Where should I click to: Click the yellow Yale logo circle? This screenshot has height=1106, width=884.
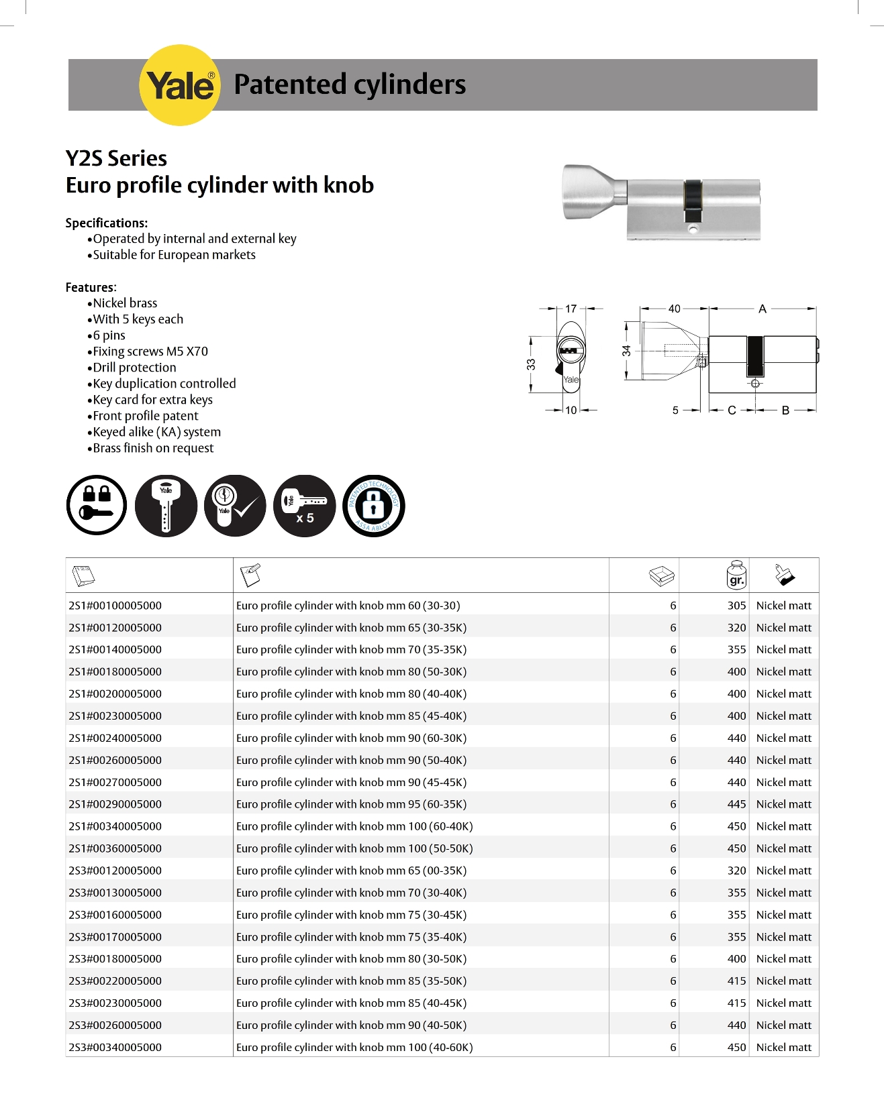point(179,85)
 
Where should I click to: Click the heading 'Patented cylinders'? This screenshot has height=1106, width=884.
point(349,85)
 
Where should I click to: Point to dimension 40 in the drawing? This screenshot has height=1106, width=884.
point(674,309)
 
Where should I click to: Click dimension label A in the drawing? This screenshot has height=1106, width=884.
point(762,309)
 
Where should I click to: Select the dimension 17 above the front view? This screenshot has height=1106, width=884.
point(571,309)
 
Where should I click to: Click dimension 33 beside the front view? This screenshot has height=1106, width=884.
point(531,364)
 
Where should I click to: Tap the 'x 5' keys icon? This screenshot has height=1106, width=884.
point(305,506)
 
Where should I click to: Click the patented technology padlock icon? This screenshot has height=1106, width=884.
point(374,506)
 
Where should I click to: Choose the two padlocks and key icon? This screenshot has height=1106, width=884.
point(97,506)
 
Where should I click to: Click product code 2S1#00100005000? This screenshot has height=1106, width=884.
point(115,606)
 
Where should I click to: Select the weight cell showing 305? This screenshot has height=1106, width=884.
point(736,606)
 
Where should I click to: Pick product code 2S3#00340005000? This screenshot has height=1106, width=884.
point(115,1047)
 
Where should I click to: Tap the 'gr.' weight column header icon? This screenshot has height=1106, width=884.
point(736,575)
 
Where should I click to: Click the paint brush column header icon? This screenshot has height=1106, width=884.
point(784,575)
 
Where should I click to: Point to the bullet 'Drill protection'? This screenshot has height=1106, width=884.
point(134,368)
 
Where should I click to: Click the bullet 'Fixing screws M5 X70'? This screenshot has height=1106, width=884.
point(150,351)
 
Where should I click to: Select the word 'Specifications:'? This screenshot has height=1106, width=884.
point(107,223)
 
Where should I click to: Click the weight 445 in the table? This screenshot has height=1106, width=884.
point(736,804)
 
